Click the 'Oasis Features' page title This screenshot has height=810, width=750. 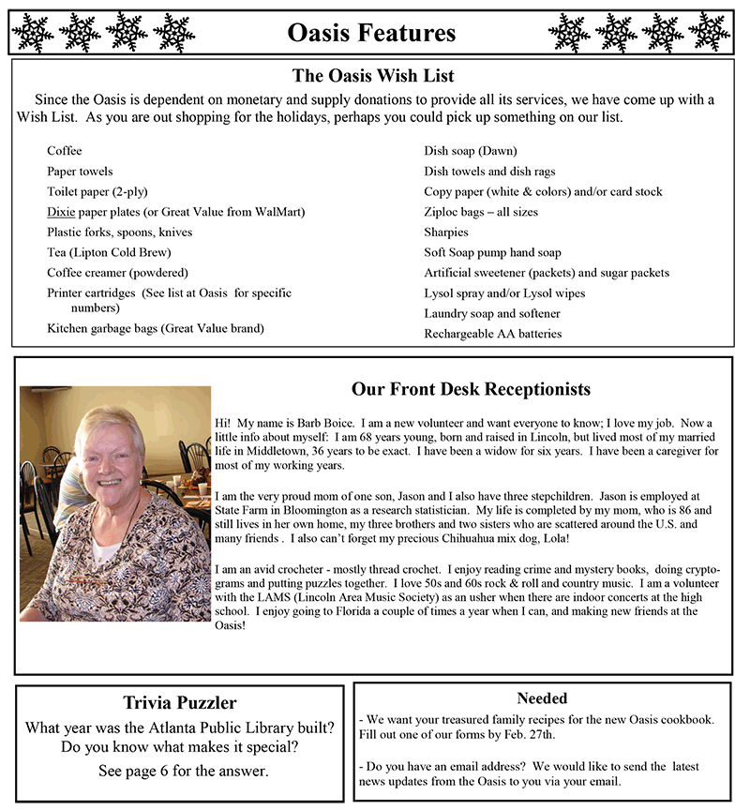coord(371,33)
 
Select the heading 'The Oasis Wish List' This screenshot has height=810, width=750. coord(373,76)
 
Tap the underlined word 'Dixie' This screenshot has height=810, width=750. coord(61,212)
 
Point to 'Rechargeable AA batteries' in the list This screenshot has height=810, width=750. coord(492,334)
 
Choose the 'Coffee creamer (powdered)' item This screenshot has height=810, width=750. coord(117,273)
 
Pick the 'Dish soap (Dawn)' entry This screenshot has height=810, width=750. coord(470,151)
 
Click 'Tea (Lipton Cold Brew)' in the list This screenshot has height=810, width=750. coord(109,252)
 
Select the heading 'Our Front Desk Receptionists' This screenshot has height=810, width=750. coord(471,388)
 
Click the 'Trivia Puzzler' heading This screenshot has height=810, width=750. coord(180,702)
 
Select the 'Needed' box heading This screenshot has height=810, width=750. coord(542,698)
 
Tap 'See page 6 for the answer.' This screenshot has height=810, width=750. coord(183,771)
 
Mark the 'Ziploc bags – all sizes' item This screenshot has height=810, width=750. coord(481,212)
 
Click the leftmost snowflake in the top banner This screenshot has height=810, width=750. coord(33,33)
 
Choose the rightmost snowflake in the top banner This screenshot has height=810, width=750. coord(709,33)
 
